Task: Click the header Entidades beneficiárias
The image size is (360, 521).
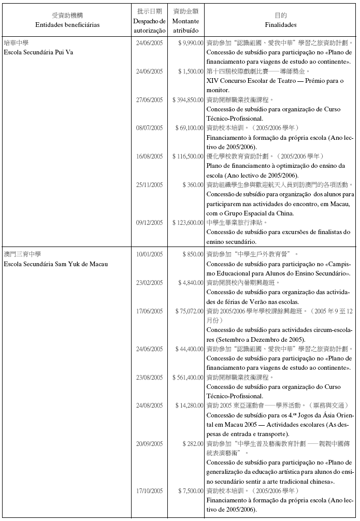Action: [x=67, y=24]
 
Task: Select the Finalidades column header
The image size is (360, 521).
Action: [x=281, y=24]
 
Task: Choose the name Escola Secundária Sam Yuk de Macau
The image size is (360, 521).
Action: [x=55, y=264]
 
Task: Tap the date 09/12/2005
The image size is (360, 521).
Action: [x=149, y=223]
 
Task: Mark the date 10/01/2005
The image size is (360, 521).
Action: [x=149, y=254]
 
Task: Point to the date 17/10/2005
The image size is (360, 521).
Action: [x=149, y=491]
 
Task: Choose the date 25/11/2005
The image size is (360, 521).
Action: [x=149, y=185]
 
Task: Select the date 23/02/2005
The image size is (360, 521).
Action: [x=149, y=283]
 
